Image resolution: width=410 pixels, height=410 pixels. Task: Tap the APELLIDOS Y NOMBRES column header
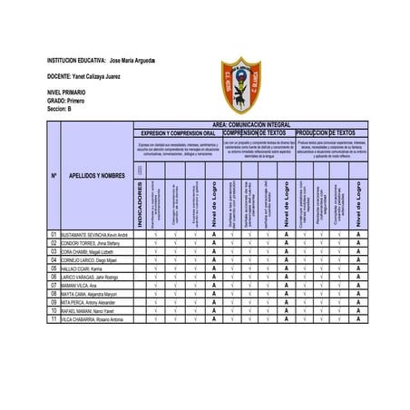click(x=96, y=175)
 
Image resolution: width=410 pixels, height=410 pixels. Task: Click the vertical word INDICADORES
click(x=140, y=203)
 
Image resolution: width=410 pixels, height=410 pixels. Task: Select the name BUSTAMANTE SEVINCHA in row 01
click(x=95, y=234)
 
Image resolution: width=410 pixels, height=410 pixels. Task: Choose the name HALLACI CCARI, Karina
click(x=85, y=268)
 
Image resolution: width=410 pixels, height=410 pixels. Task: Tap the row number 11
click(x=54, y=319)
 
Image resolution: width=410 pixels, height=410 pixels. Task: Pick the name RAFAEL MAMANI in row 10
click(x=88, y=311)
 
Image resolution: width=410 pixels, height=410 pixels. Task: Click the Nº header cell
click(x=54, y=175)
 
